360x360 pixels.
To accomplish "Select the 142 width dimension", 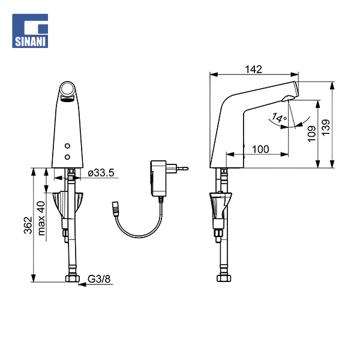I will [254, 70].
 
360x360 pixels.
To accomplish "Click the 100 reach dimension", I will [260, 148].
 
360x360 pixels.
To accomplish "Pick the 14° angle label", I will [278, 118].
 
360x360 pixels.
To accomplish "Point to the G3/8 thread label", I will [98, 278].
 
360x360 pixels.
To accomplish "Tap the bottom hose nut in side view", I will [223, 278].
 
